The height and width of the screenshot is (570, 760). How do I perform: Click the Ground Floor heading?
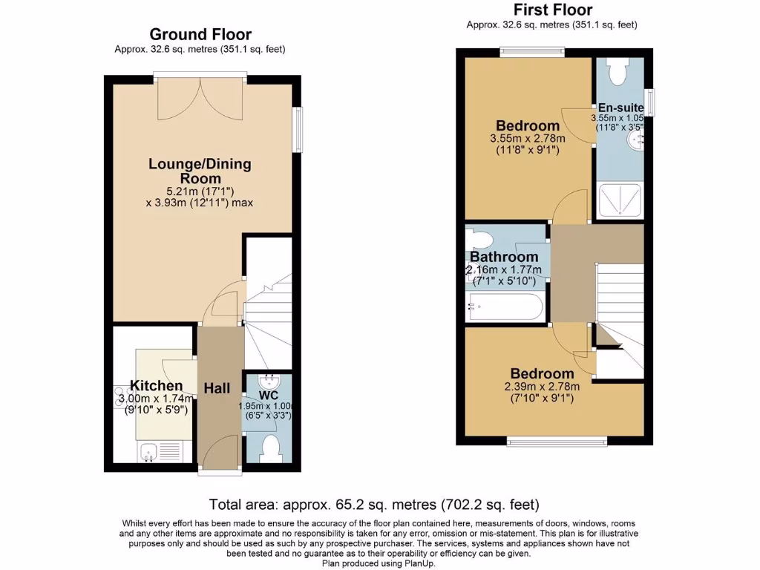[x=200, y=34]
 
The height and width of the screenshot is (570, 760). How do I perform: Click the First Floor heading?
[x=553, y=10]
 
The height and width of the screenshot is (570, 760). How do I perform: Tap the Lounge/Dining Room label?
[x=200, y=171]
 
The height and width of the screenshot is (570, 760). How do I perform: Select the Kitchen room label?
[x=156, y=386]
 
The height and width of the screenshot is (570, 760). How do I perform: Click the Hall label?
[x=218, y=388]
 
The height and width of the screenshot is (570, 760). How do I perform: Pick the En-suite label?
[x=621, y=108]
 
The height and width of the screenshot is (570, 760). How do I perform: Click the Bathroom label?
[x=504, y=257]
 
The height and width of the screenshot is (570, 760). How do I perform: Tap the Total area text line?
[x=374, y=505]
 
